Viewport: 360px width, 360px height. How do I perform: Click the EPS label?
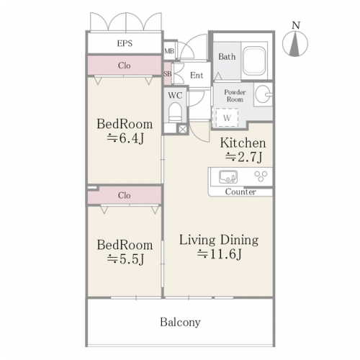point(125,43)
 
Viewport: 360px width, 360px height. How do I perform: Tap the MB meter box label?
point(169,51)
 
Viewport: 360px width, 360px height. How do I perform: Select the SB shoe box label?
point(168,74)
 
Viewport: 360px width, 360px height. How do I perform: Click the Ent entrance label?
point(197,76)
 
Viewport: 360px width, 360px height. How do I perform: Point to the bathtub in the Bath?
point(254,60)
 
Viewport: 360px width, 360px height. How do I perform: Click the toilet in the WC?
point(175,112)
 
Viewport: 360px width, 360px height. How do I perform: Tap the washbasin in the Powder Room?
point(263,94)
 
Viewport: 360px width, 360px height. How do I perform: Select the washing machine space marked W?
point(227,117)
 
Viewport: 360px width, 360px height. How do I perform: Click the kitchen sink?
point(228,176)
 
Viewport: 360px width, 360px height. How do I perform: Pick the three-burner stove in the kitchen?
point(261,176)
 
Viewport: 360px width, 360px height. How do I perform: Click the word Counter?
point(240,192)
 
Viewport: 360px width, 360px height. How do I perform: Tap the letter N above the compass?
point(296,25)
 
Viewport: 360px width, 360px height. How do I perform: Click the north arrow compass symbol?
point(295,45)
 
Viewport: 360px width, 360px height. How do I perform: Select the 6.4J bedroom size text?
point(125,138)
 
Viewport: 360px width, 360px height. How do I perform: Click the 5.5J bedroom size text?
point(125,259)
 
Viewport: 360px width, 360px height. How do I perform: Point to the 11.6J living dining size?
point(219,254)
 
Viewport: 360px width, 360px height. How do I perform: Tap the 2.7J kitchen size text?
point(243,158)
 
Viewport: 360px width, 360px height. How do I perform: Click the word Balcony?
point(180,323)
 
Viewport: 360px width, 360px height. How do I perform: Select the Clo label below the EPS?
point(125,66)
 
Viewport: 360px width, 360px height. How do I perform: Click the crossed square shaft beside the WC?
point(182,129)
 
